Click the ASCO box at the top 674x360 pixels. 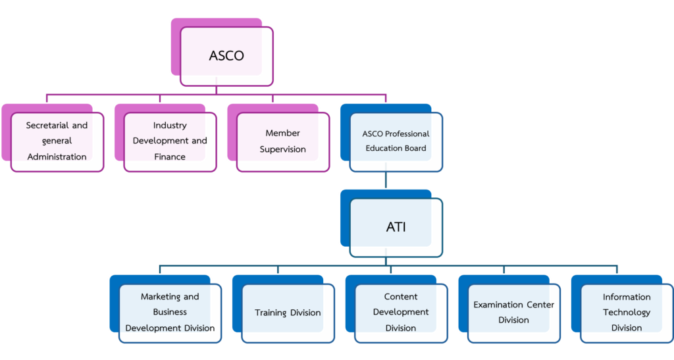(x=226, y=56)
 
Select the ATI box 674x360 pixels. (x=396, y=228)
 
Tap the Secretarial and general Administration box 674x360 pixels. (x=57, y=141)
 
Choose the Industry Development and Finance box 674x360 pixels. (x=170, y=141)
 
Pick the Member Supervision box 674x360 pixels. (x=282, y=141)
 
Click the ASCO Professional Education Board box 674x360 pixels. (x=396, y=141)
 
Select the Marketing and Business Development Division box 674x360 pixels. (x=170, y=313)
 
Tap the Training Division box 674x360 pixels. (x=288, y=313)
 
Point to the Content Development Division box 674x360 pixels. (x=401, y=313)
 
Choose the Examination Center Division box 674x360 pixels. (x=513, y=313)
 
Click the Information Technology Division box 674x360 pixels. (x=626, y=313)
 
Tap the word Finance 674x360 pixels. (x=170, y=157)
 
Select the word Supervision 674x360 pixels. (x=282, y=149)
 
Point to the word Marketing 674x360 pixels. (x=159, y=297)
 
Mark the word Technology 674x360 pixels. (x=626, y=313)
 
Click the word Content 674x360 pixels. (x=401, y=297)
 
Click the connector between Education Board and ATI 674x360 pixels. (x=386, y=180)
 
